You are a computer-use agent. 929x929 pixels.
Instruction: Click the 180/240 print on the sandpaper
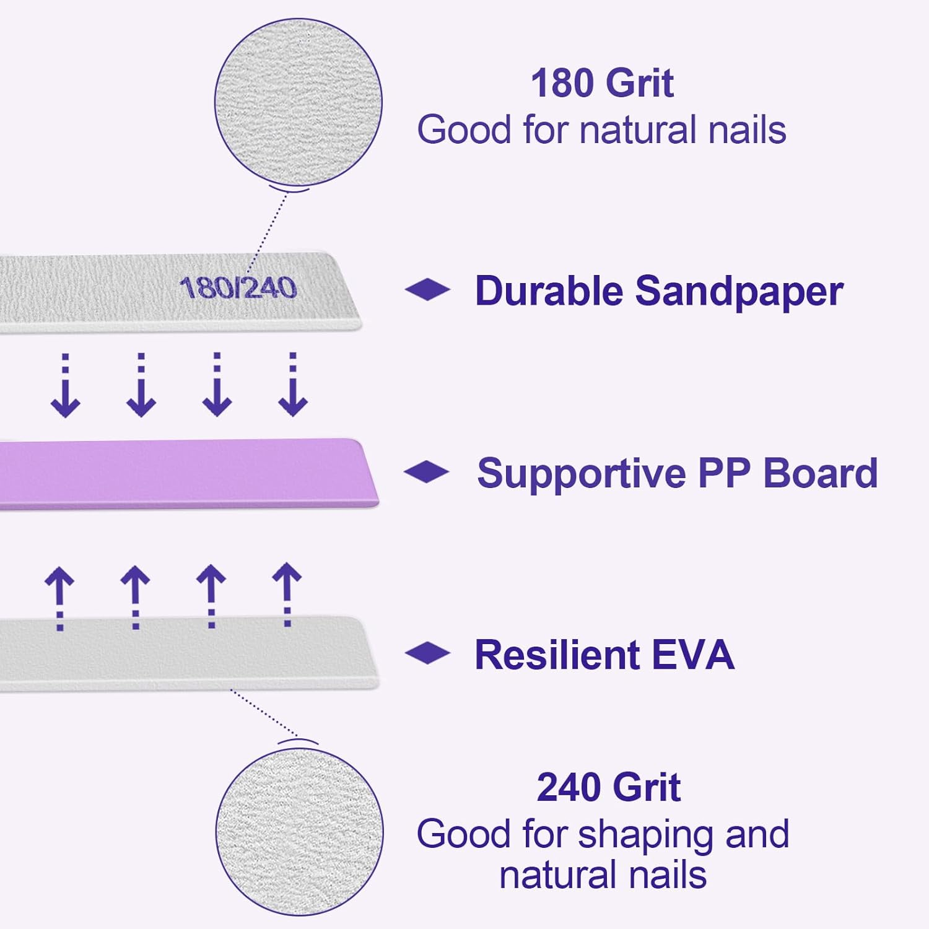pos(238,288)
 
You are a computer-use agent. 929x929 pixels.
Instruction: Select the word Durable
pos(549,290)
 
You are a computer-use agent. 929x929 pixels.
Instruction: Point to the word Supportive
pos(581,474)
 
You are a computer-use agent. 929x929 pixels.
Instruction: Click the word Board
pos(820,473)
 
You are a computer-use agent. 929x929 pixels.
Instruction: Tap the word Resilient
pos(557,655)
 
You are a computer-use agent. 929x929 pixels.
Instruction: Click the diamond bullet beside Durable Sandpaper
pos(427,289)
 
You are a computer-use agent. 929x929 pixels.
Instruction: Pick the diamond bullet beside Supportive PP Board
pos(427,471)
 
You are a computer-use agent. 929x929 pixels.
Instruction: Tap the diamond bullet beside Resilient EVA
pos(427,653)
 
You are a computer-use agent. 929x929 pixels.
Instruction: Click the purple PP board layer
pos(186,474)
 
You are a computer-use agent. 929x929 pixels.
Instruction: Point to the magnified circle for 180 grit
pos(298,102)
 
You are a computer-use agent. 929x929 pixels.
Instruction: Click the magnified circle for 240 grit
pos(299,830)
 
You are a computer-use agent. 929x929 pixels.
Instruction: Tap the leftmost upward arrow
pos(59,598)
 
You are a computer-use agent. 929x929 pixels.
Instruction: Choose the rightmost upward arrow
pos(287,595)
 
